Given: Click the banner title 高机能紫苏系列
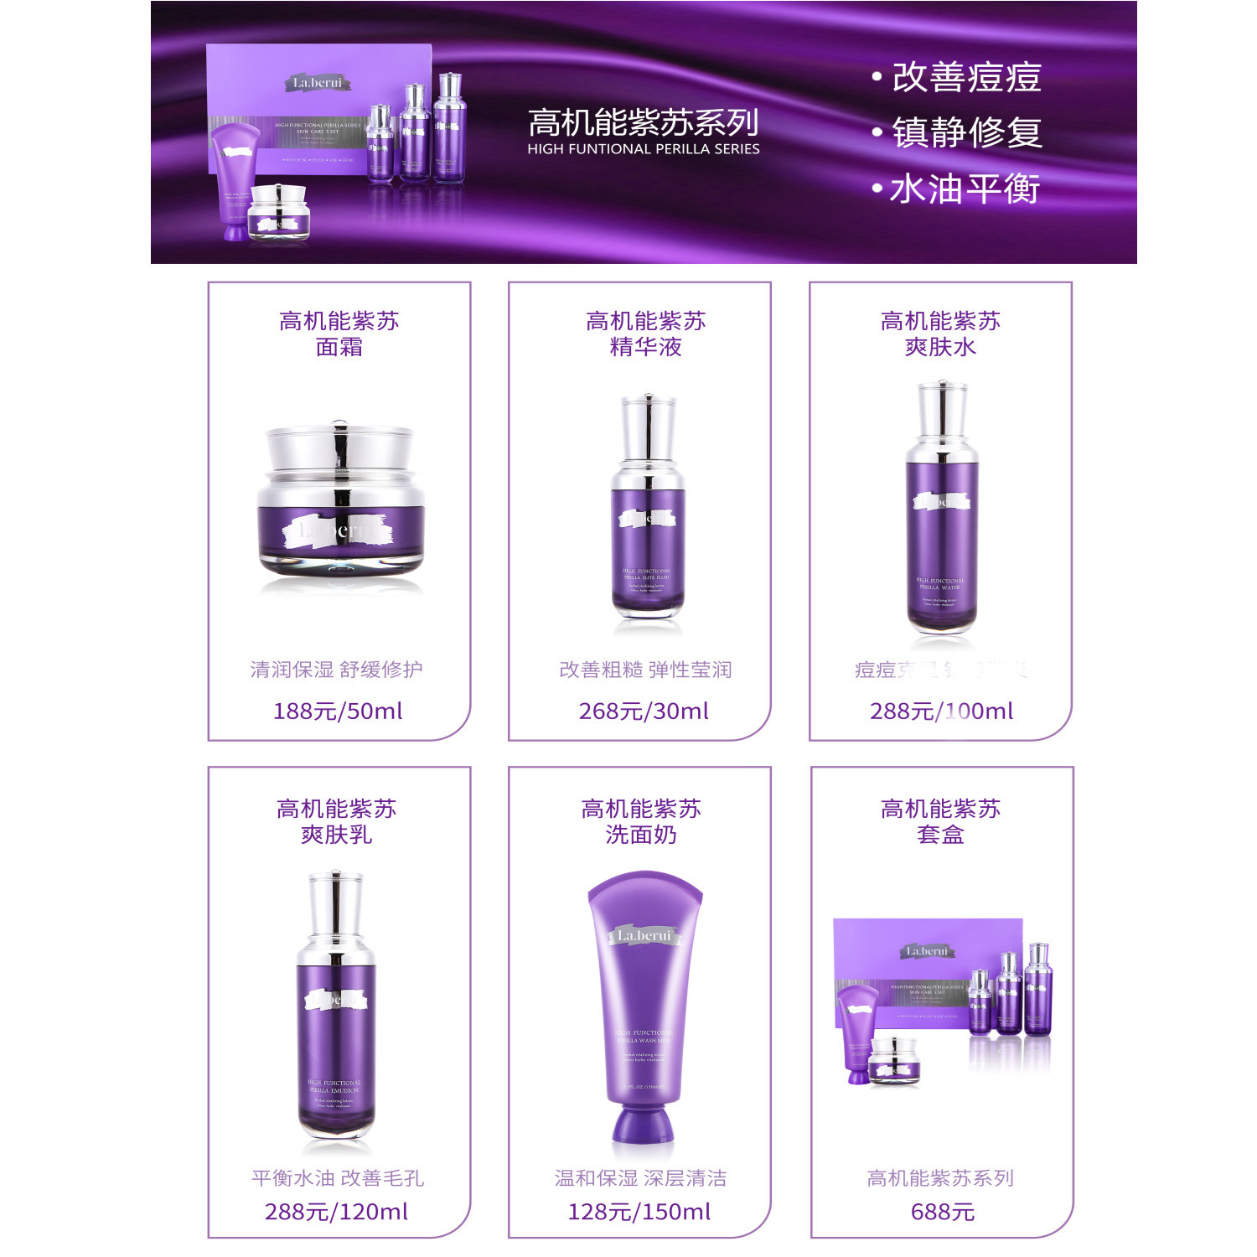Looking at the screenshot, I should coord(643,123).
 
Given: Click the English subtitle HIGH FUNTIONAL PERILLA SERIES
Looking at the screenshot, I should coord(643,149).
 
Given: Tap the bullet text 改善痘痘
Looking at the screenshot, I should coord(965,77).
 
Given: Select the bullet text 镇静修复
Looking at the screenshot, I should coord(965,132).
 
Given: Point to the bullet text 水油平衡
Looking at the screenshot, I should coord(964,189).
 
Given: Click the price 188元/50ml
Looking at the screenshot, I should coord(338,711).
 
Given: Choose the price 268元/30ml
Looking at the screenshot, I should coord(643,711).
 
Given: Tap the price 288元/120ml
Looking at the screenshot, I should coord(336,1212).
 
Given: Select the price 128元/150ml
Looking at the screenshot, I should coord(639,1212).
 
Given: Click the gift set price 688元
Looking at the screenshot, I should coord(942,1212).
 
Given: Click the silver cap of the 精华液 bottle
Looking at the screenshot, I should coord(647,427).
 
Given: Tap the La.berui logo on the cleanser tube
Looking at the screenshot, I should coord(644,935).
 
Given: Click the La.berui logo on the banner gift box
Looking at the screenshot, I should coord(317,83).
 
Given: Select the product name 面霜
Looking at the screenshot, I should coord(339,347).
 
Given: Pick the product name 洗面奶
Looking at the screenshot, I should coord(640,835).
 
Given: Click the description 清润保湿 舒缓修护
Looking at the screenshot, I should coord(336,670).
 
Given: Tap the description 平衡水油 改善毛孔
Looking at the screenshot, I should coord(337,1178).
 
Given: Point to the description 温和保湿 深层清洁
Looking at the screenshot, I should coord(640,1178).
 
